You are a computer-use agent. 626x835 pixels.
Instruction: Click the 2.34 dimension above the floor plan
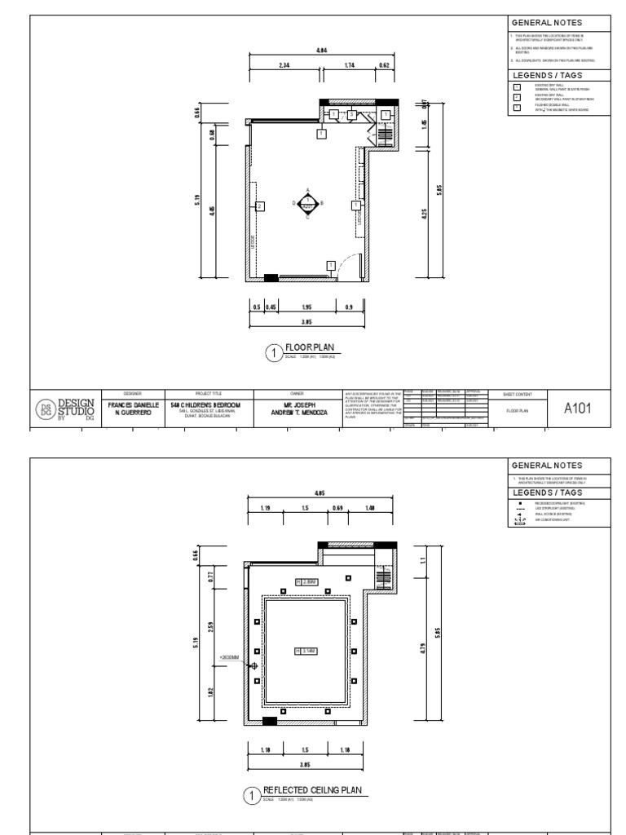click(x=284, y=65)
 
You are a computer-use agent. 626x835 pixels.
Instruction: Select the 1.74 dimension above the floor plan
click(x=349, y=65)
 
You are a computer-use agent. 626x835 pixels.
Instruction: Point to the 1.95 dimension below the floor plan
click(x=306, y=307)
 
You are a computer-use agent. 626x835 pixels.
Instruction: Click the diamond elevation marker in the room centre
click(x=307, y=204)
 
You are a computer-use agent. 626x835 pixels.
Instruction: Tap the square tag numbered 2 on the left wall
click(x=259, y=207)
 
